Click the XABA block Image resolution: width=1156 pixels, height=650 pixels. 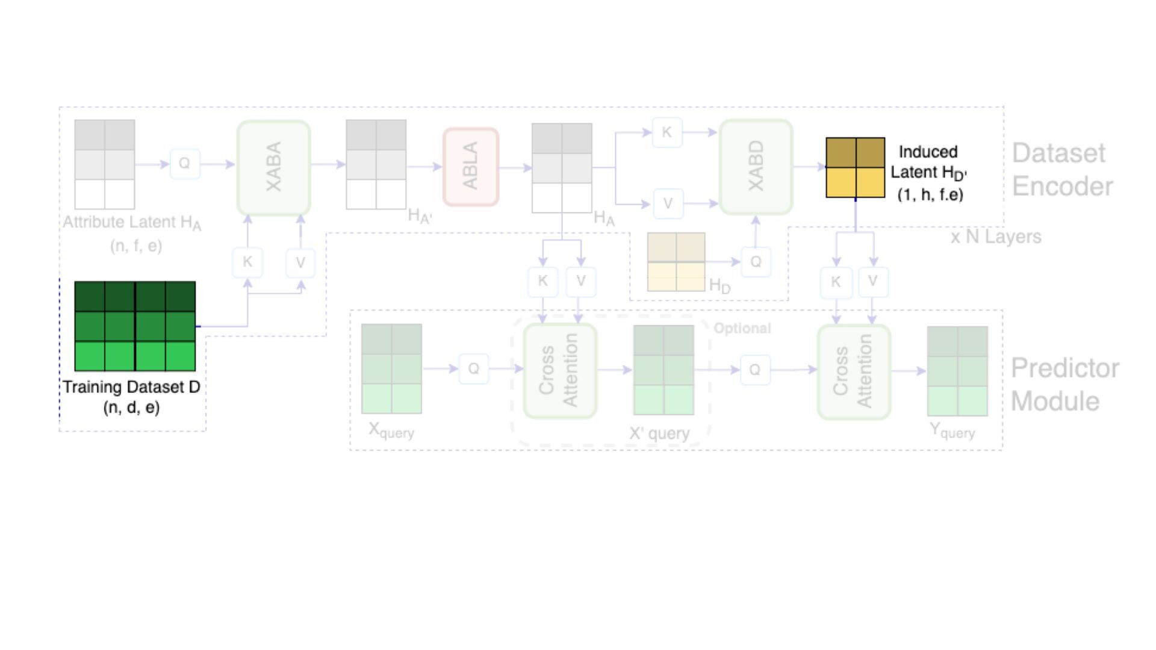pyautogui.click(x=273, y=167)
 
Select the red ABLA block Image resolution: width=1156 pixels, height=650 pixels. pyautogui.click(x=470, y=167)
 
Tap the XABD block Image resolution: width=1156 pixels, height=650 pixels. pyautogui.click(x=756, y=167)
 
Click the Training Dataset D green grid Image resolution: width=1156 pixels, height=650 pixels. pyautogui.click(x=135, y=326)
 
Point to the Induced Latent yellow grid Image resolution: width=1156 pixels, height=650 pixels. pyautogui.click(x=855, y=167)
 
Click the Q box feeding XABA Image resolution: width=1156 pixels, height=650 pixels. pyautogui.click(x=184, y=164)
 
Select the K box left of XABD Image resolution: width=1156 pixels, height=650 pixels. pyautogui.click(x=667, y=132)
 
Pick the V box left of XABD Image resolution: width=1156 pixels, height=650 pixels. pyautogui.click(x=667, y=203)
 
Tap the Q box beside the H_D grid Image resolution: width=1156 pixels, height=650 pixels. pyautogui.click(x=756, y=262)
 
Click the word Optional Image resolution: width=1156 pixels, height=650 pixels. pyautogui.click(x=742, y=328)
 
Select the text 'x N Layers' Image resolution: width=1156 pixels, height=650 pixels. pyautogui.click(x=996, y=237)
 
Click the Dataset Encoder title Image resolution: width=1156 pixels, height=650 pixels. pyautogui.click(x=1062, y=170)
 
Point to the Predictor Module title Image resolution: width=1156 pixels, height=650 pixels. pyautogui.click(x=1064, y=385)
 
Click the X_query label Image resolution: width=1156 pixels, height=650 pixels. pyautogui.click(x=391, y=430)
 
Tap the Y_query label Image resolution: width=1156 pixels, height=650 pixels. pyautogui.click(x=952, y=430)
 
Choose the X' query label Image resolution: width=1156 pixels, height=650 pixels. pyautogui.click(x=659, y=433)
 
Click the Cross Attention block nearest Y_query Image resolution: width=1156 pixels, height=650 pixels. pyautogui.click(x=853, y=371)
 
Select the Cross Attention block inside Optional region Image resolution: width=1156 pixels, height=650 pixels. pyautogui.click(x=559, y=371)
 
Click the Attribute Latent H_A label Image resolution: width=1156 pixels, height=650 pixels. pyautogui.click(x=132, y=223)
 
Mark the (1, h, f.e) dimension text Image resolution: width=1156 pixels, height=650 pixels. pyautogui.click(x=930, y=194)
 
